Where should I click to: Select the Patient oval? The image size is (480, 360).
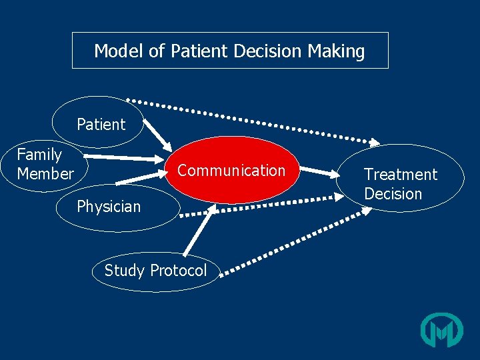[x=98, y=123]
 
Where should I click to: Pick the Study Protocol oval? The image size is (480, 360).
[x=155, y=271]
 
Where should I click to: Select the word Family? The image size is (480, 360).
[x=39, y=155]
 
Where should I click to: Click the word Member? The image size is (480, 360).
[x=45, y=174]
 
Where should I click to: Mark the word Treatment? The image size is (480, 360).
[x=401, y=175]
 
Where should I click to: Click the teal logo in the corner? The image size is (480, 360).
[x=441, y=329]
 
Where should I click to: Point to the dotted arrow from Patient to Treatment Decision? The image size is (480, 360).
[x=253, y=121]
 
